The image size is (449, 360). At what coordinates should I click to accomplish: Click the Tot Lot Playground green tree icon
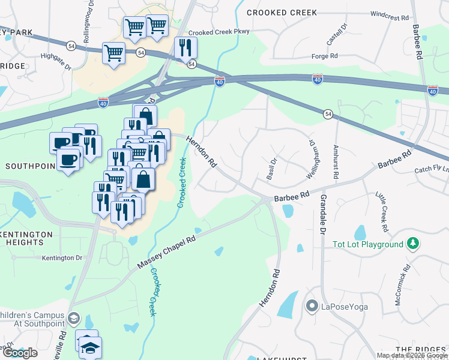[412, 244]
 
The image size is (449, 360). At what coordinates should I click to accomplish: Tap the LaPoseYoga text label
[343, 307]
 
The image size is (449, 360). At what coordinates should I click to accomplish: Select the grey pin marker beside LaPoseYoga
[312, 307]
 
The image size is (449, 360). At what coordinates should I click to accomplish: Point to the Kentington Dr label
[62, 258]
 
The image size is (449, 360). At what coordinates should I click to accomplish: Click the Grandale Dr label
[322, 214]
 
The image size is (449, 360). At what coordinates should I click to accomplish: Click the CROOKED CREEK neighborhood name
[274, 12]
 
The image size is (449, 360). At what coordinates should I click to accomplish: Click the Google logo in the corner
[20, 353]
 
